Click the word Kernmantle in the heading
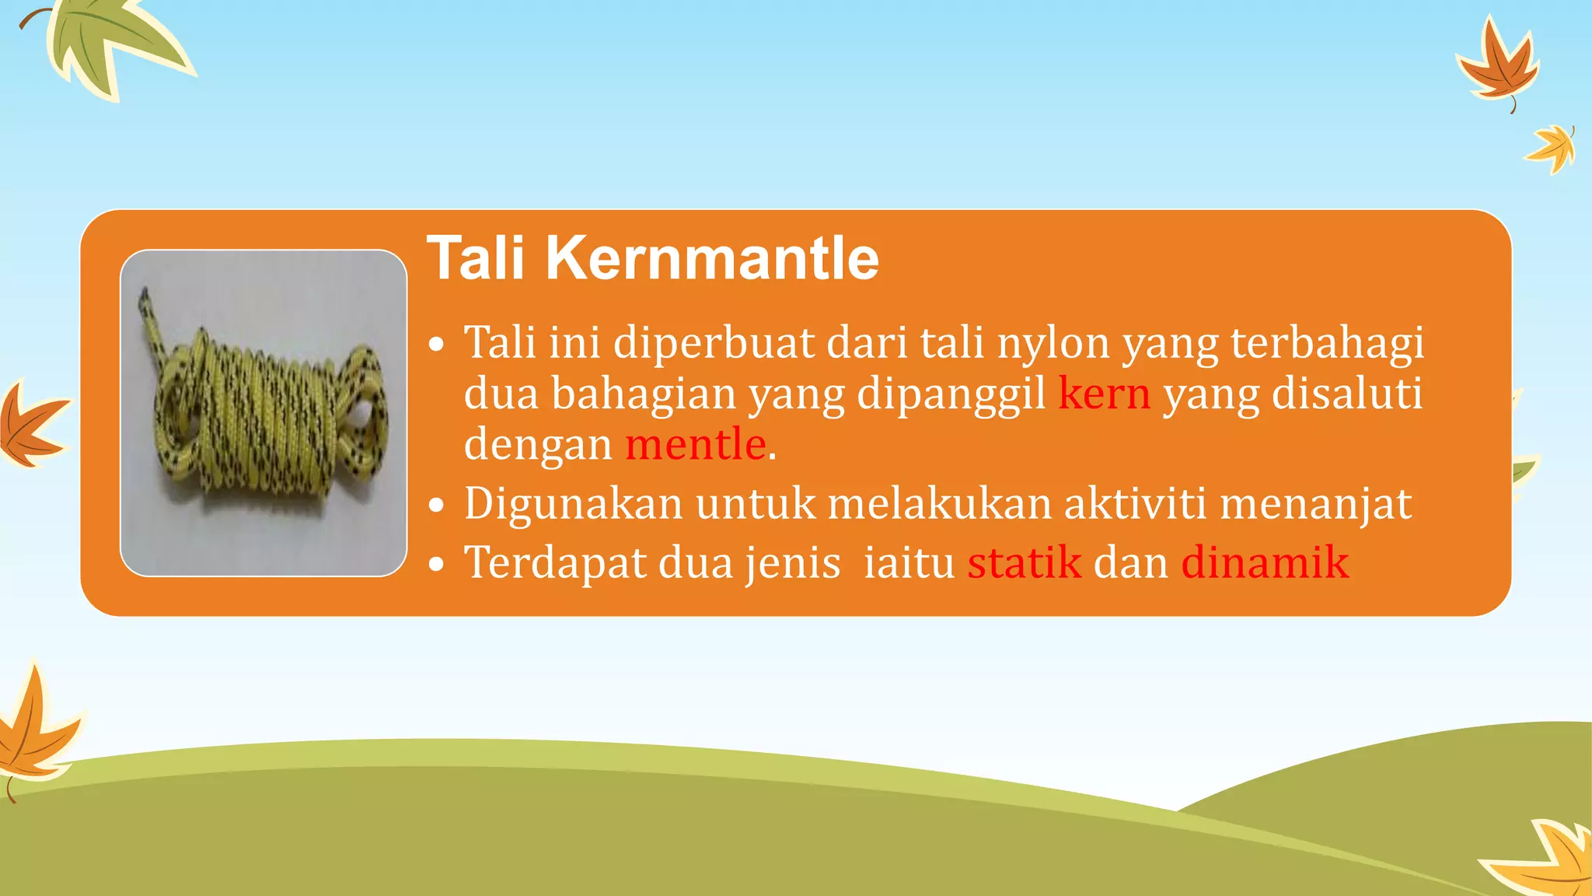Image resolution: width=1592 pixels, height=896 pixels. [712, 258]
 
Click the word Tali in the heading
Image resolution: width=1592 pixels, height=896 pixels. [476, 258]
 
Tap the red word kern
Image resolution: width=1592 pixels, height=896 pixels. [1103, 394]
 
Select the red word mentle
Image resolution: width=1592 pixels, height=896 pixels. [695, 445]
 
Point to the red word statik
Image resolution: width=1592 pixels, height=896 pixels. [1024, 562]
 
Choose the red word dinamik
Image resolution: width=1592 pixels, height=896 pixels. [1265, 562]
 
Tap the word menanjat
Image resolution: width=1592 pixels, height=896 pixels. [1315, 504]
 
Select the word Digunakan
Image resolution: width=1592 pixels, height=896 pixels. [574, 504]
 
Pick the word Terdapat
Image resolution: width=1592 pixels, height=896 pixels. [555, 562]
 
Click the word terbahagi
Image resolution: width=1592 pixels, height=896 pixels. [1327, 342]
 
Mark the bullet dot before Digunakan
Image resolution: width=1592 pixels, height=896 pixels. [438, 506]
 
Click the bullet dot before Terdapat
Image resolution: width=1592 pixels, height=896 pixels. [438, 565]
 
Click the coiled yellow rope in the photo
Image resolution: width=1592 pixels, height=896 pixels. [257, 420]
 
